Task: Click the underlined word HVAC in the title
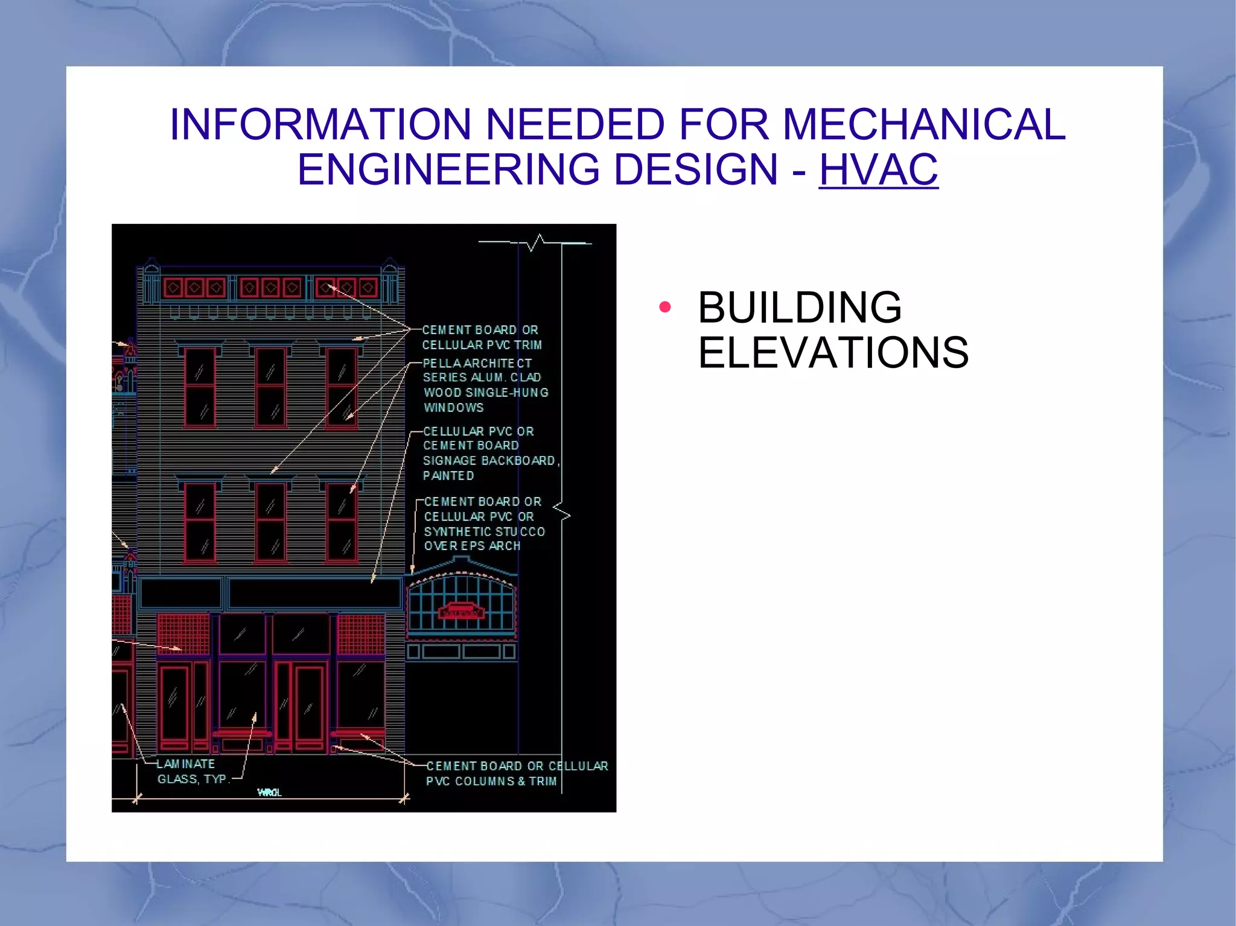click(878, 170)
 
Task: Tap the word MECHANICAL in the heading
click(924, 124)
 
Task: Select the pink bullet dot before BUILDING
click(665, 307)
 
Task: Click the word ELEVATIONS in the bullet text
click(833, 353)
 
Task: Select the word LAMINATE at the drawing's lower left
click(186, 764)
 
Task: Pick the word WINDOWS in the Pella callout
click(453, 408)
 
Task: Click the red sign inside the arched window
click(461, 612)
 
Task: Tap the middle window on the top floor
click(271, 387)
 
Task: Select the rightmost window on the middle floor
click(342, 522)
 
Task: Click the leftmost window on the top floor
click(200, 387)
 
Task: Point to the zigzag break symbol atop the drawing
click(536, 243)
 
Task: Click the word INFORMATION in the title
click(320, 124)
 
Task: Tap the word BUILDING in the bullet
click(800, 308)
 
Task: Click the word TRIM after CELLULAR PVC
click(528, 345)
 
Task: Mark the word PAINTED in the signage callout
click(448, 476)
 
